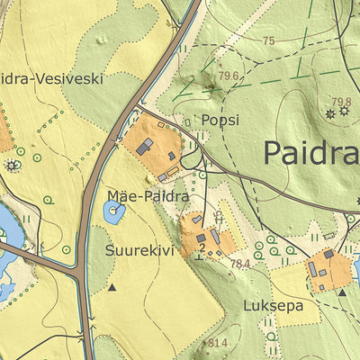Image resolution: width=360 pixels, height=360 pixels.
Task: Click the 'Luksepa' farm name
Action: [273, 306]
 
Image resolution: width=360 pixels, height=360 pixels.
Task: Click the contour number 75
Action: [269, 41]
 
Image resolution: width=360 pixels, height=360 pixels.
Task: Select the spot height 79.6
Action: [228, 76]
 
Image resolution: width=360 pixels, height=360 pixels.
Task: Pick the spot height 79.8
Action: [341, 102]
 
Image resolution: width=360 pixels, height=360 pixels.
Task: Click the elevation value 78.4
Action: [239, 264]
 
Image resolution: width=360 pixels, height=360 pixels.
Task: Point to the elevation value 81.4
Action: [217, 343]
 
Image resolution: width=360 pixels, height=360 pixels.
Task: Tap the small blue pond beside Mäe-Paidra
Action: [114, 213]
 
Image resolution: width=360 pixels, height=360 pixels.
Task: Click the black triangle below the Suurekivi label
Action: [112, 288]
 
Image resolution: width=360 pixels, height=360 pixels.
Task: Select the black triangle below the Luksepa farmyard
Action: [342, 292]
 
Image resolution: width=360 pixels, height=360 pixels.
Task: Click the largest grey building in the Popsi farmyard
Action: [145, 147]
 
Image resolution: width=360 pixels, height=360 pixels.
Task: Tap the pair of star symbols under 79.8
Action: [337, 112]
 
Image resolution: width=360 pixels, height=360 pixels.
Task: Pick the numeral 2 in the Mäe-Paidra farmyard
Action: [202, 247]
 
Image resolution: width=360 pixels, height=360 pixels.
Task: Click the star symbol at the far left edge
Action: [12, 166]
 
